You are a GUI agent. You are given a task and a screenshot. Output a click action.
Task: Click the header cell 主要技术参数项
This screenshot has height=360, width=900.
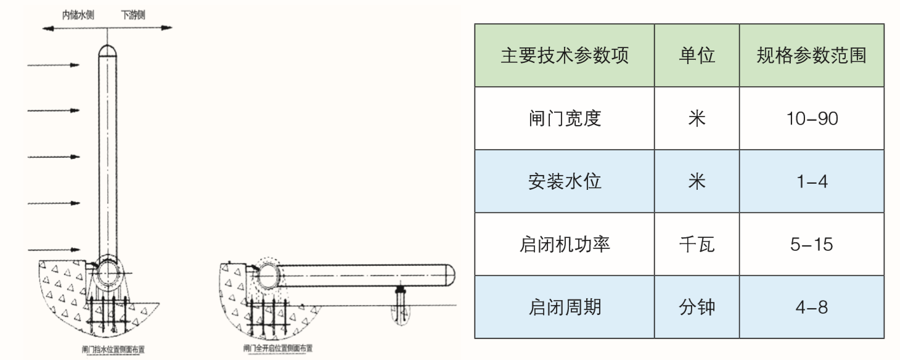tap(564, 56)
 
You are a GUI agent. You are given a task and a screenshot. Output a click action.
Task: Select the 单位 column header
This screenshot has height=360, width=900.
tap(697, 56)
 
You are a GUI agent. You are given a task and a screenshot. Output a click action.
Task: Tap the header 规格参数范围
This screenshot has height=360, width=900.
tap(811, 56)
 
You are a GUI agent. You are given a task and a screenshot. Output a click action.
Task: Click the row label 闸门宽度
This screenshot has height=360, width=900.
tap(564, 118)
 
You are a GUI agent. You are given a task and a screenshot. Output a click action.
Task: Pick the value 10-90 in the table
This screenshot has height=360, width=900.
tap(811, 118)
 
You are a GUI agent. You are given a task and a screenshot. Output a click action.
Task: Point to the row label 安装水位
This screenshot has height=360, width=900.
tap(564, 182)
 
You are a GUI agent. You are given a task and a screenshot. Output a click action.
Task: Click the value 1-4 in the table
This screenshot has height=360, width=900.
tap(811, 182)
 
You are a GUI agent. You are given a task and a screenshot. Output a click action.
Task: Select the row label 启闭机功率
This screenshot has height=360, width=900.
tap(564, 245)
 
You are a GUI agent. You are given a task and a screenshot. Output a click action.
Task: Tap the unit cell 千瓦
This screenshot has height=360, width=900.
tap(697, 245)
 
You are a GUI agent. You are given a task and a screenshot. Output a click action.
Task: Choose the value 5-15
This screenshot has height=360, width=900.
tap(811, 245)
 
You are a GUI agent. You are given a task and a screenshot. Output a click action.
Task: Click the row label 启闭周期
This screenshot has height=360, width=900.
tap(564, 306)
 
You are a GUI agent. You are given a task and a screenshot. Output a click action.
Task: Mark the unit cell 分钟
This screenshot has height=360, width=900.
tap(697, 306)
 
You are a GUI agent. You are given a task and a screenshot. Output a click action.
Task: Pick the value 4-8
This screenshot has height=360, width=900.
tap(811, 306)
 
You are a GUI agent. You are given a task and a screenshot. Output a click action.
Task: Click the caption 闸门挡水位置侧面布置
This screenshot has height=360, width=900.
tap(114, 350)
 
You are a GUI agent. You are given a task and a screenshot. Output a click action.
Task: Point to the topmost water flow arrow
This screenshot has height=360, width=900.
tap(54, 65)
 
